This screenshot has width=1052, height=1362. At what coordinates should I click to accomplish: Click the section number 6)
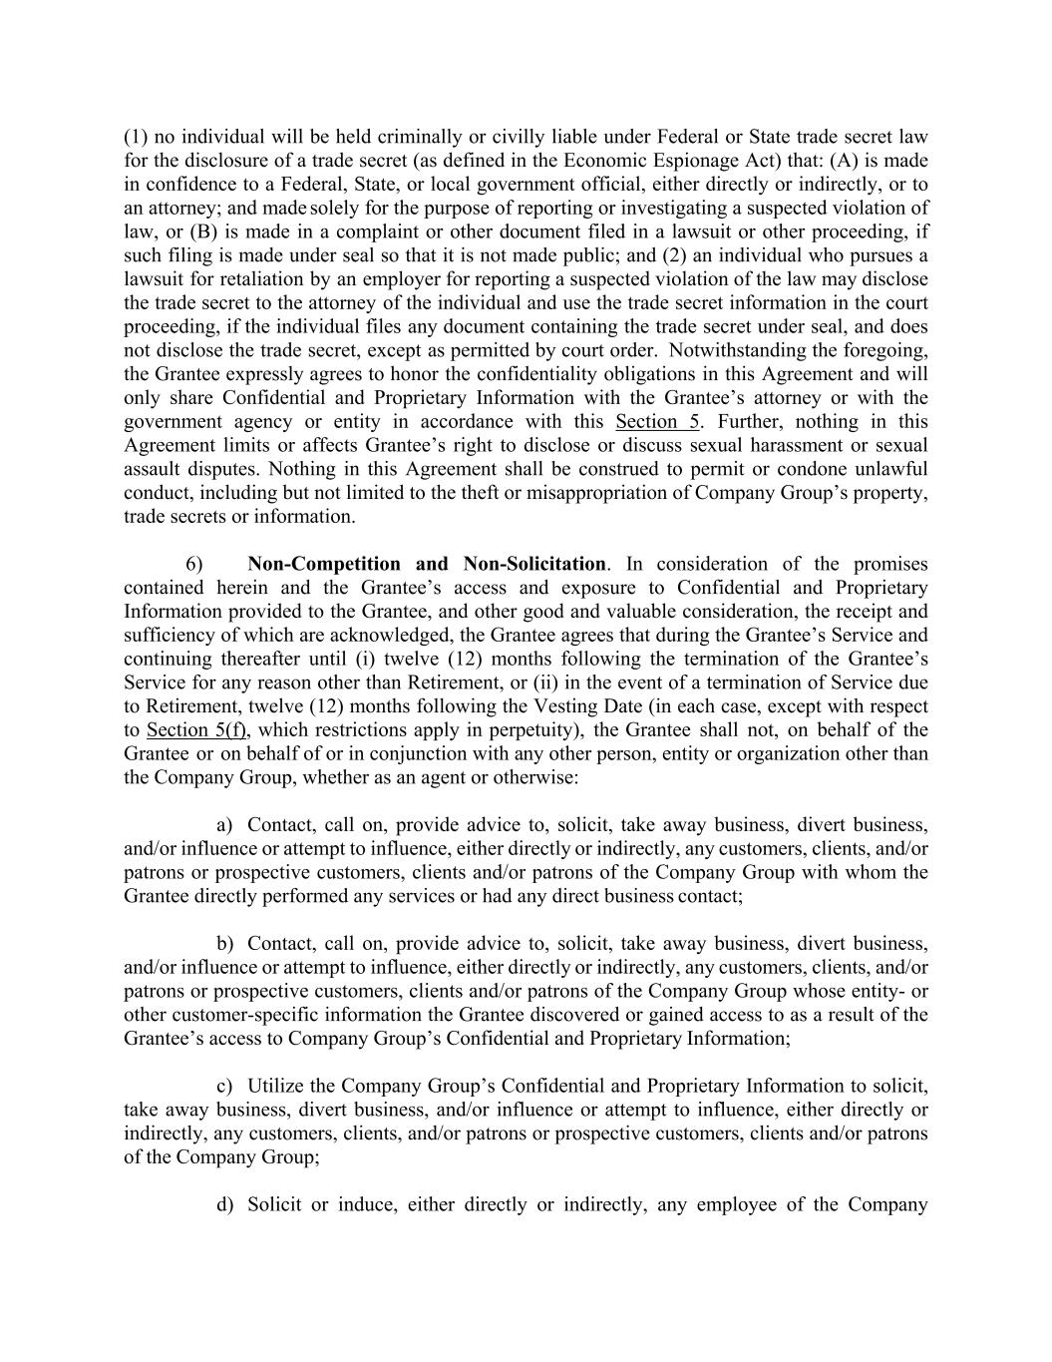click(194, 564)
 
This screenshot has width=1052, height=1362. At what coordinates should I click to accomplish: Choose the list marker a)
click(224, 825)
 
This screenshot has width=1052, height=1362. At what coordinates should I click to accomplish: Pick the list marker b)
click(224, 943)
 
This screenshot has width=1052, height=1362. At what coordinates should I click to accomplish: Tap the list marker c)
click(224, 1086)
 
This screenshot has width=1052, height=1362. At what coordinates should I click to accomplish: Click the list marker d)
click(224, 1204)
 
